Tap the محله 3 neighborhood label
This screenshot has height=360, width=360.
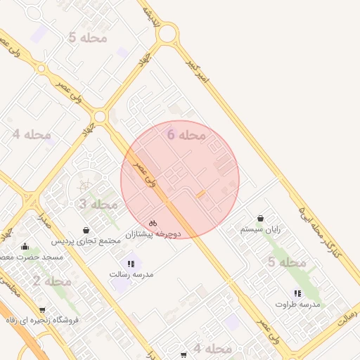[98, 205]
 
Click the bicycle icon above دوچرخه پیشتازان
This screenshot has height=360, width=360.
[153, 223]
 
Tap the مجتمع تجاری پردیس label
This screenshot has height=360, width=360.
[86, 240]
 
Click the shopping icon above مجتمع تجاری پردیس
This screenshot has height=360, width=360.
[86, 230]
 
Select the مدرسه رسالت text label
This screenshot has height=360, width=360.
[131, 274]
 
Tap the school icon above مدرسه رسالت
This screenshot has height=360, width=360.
[131, 264]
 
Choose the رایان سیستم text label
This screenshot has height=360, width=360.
[261, 229]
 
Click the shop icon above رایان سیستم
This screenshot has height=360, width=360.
[262, 219]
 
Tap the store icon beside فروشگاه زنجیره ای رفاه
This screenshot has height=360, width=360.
[42, 310]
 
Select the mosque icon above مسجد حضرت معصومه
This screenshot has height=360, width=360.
[25, 246]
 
